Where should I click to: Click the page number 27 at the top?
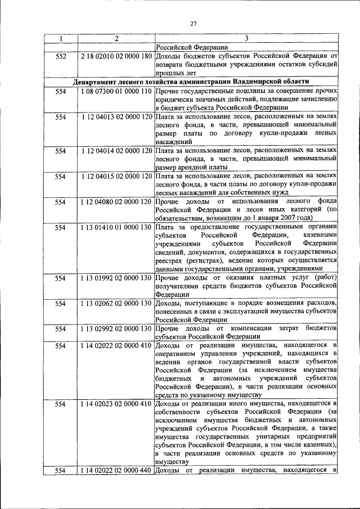(x=193, y=23)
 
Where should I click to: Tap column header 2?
(x=115, y=39)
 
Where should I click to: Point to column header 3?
(x=246, y=39)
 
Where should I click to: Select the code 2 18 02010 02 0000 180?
(x=116, y=56)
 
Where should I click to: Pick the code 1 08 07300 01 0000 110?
(x=116, y=91)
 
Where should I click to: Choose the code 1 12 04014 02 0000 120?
(x=116, y=151)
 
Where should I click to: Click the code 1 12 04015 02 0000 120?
(x=116, y=177)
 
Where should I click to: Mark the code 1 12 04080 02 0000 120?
(x=116, y=202)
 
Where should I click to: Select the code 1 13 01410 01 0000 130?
(x=116, y=228)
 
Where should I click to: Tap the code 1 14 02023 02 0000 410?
(x=116, y=404)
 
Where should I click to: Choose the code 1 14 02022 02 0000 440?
(x=116, y=470)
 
